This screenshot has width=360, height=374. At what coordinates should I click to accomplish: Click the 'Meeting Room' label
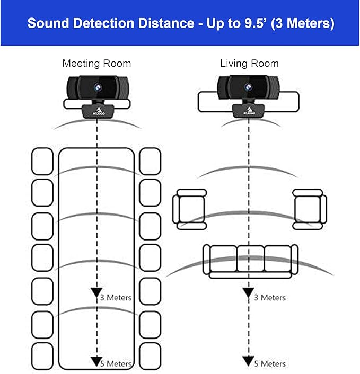96,64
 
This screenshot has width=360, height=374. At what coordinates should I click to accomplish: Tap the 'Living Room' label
249,64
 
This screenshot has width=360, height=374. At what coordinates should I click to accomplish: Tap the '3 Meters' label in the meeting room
116,297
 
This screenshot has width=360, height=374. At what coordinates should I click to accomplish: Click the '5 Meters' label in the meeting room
116,363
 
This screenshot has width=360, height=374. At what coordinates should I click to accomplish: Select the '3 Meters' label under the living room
269,297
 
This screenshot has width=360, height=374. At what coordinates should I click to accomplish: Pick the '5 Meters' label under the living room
269,363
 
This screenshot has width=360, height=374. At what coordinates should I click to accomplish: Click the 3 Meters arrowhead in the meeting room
96,293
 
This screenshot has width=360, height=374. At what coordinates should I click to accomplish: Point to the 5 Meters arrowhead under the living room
248,361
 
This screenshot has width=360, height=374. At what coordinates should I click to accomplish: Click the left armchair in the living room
189,209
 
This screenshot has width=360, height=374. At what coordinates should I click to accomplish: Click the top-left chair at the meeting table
42,161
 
